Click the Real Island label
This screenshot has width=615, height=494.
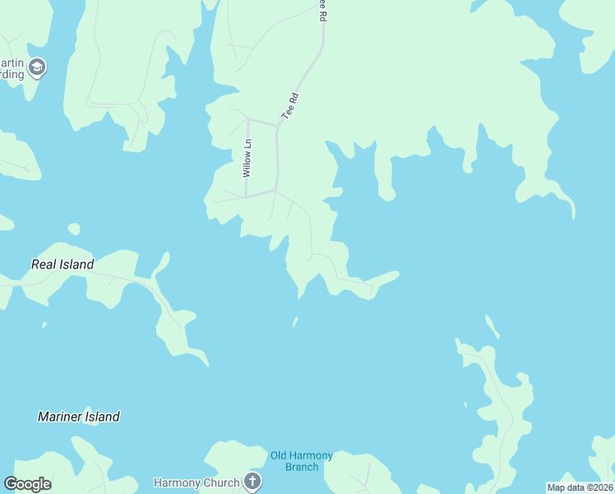(x=62, y=264)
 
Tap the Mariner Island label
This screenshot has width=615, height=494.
(x=79, y=417)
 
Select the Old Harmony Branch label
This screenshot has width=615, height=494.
(x=302, y=461)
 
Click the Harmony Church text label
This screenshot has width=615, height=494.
(x=197, y=482)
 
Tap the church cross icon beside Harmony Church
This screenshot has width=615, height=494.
(x=252, y=482)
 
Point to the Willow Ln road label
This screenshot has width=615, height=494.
(x=247, y=158)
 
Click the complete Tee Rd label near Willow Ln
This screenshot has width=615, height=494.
(x=289, y=108)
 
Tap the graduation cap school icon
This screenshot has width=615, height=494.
(x=36, y=68)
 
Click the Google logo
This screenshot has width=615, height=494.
(x=27, y=484)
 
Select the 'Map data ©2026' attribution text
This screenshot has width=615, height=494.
(x=580, y=487)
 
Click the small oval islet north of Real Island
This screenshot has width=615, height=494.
(x=74, y=229)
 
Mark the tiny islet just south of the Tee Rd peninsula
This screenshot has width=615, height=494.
(x=295, y=321)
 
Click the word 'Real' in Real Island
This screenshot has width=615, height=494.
(x=44, y=264)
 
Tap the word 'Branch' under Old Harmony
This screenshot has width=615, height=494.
(x=302, y=467)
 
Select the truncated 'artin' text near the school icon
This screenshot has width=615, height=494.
(x=12, y=63)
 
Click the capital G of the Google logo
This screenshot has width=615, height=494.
(x=11, y=484)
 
